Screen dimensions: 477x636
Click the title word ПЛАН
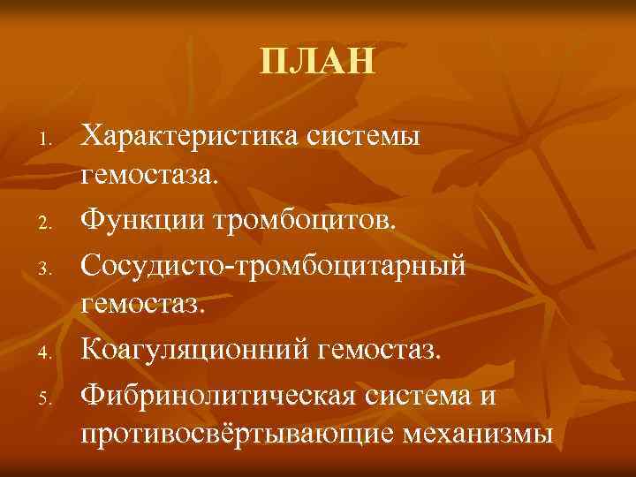[x=318, y=63]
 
